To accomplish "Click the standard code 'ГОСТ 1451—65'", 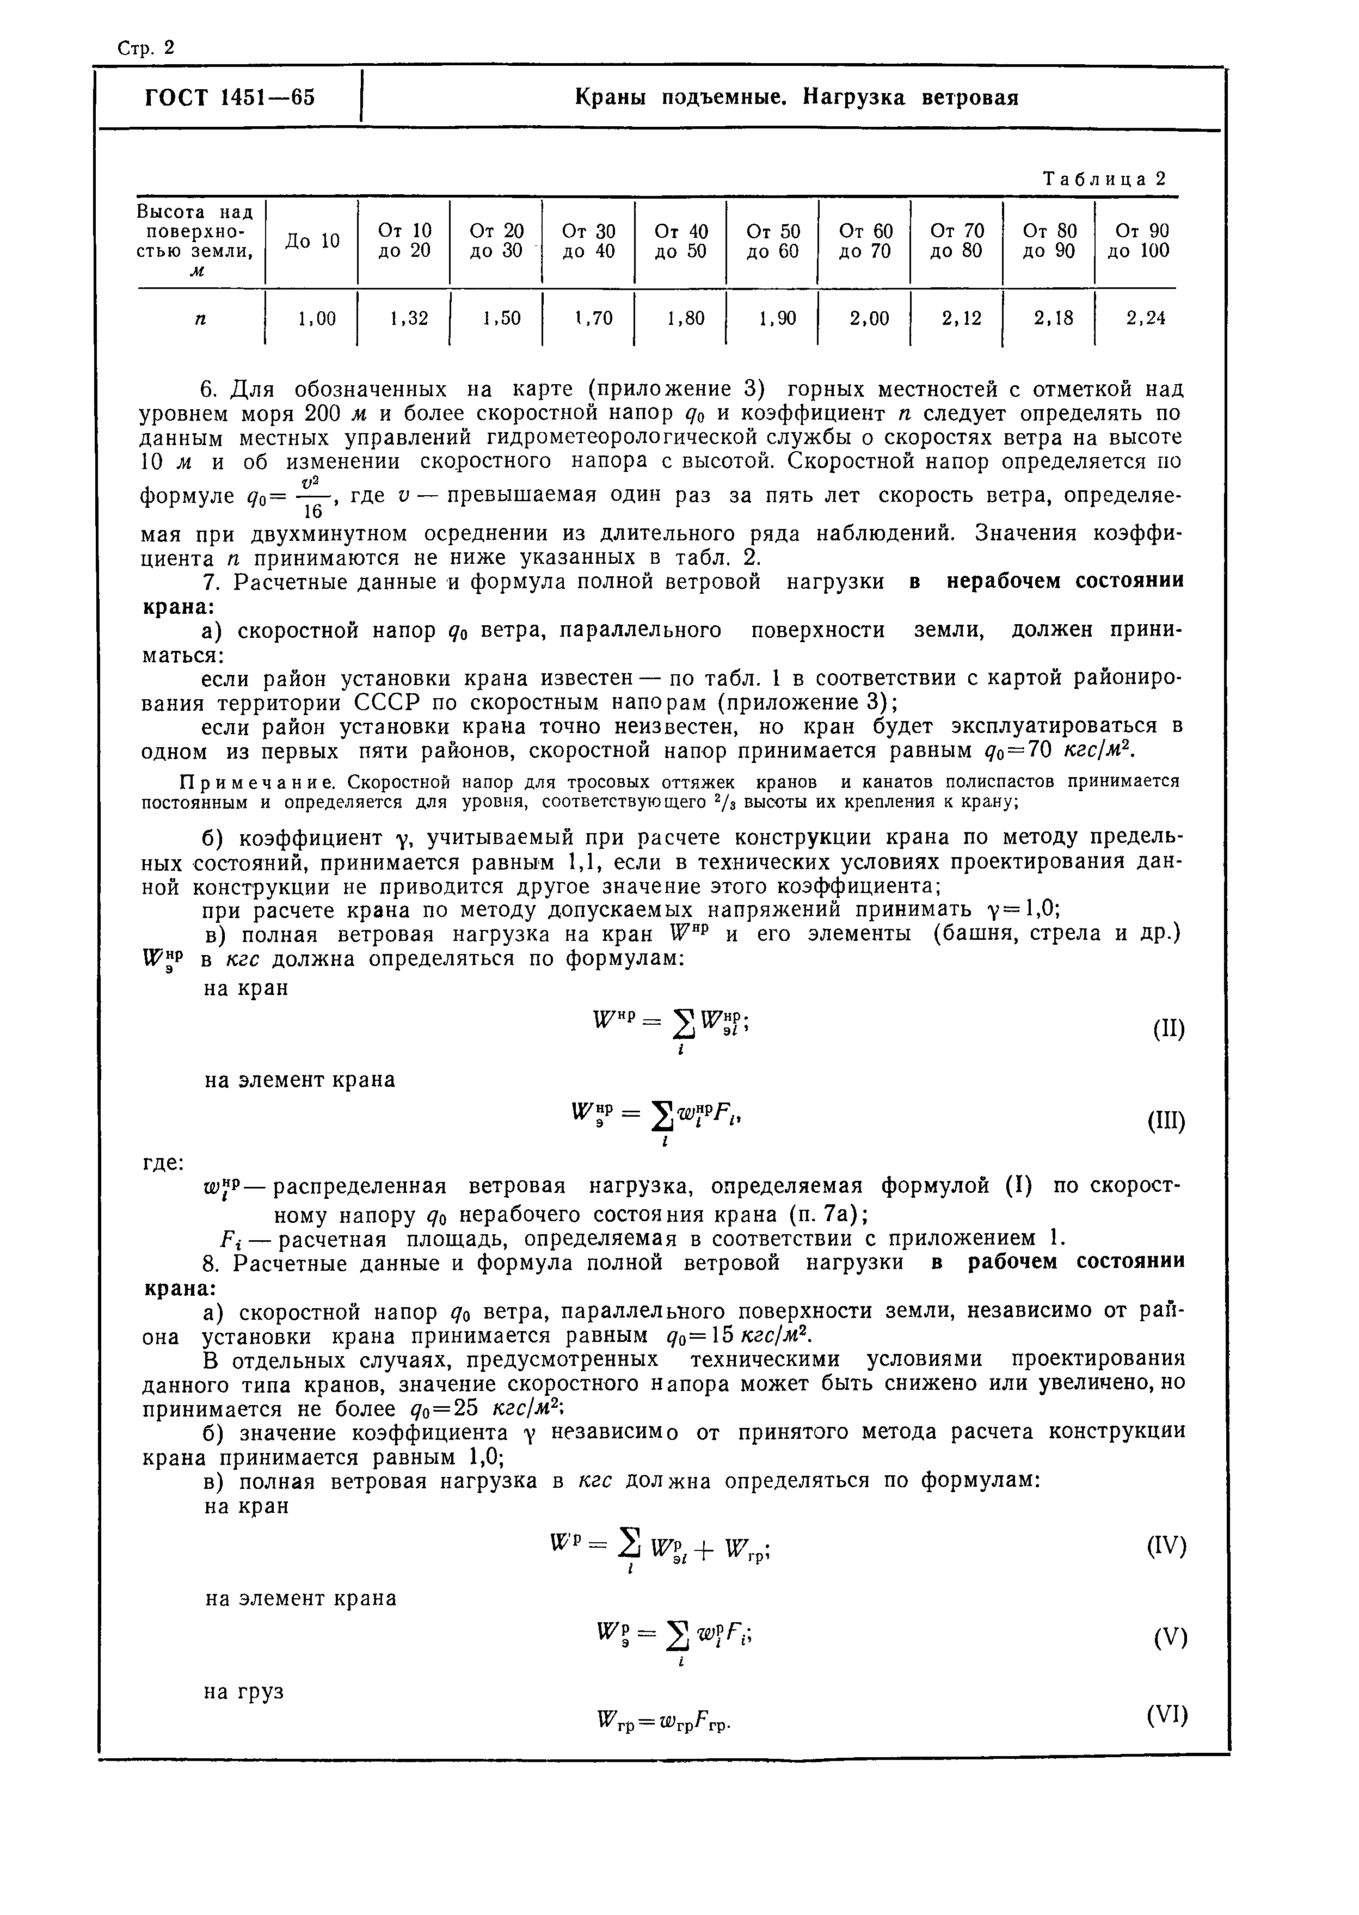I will coord(230,98).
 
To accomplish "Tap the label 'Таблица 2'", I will coord(1103,179).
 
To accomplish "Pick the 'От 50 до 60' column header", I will coord(772,241).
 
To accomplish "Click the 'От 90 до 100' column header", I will coord(1138,241).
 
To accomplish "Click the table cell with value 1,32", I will coord(408,318).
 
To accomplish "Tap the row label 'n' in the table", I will coord(200,319).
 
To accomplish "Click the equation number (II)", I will coord(1168,1028).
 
